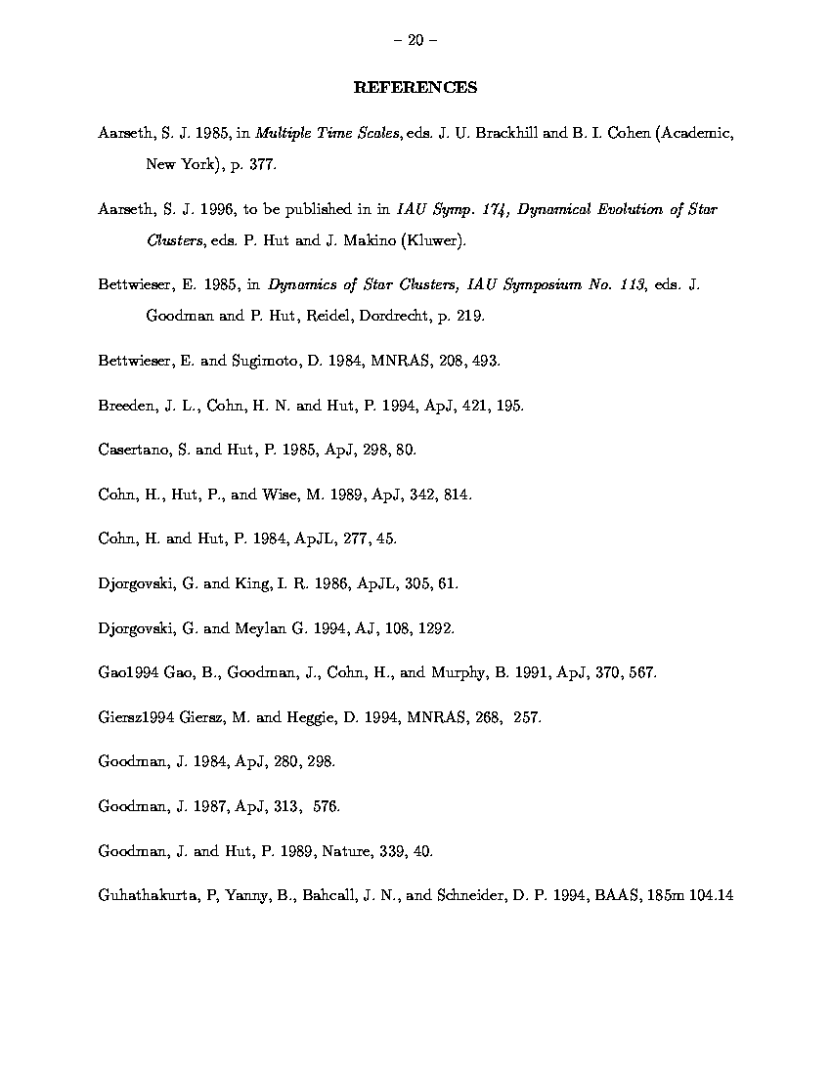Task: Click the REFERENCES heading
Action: click(x=415, y=88)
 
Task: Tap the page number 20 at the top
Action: click(x=415, y=40)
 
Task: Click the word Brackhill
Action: click(x=497, y=133)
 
